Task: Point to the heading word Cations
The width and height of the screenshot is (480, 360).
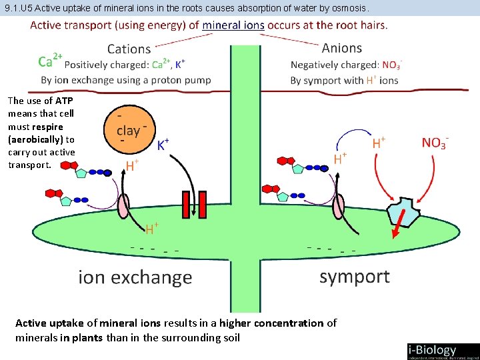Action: click(129, 49)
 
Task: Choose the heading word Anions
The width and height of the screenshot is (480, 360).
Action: click(341, 48)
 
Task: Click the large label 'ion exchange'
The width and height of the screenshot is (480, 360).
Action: click(135, 277)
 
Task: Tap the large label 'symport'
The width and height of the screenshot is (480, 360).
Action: click(354, 276)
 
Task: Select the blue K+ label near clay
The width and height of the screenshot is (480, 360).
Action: click(163, 145)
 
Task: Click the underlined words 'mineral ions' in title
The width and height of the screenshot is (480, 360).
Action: click(233, 26)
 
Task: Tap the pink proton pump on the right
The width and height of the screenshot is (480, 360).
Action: click(339, 205)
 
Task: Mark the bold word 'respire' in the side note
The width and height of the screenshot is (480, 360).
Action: click(47, 127)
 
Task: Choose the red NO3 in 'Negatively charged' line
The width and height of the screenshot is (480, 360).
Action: click(391, 65)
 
